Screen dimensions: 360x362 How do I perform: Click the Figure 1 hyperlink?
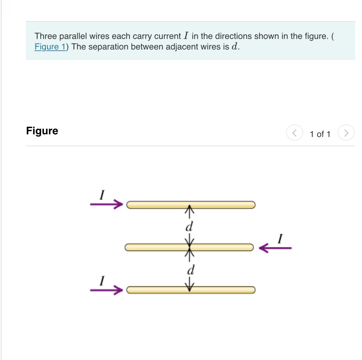pos(50,47)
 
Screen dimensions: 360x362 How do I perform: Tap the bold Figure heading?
pos(42,131)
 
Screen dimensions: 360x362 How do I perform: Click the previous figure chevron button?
pos(294,133)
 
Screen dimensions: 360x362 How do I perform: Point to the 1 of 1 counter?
pos(320,134)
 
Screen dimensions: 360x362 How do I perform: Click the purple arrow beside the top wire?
pos(106,204)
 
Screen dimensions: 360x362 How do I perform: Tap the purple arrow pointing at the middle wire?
pos(275,248)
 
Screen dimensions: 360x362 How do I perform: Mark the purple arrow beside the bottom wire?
pos(106,290)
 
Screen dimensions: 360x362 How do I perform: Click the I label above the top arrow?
pos(102,195)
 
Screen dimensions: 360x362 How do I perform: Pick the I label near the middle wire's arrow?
pos(280,239)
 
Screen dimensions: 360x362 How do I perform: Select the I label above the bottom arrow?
pos(102,281)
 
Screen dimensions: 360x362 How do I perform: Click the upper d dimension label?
pos(189,227)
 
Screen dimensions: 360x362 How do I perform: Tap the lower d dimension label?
pos(191,270)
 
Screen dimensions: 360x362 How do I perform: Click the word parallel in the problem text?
pos(73,36)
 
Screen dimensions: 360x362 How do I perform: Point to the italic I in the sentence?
pos(186,36)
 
